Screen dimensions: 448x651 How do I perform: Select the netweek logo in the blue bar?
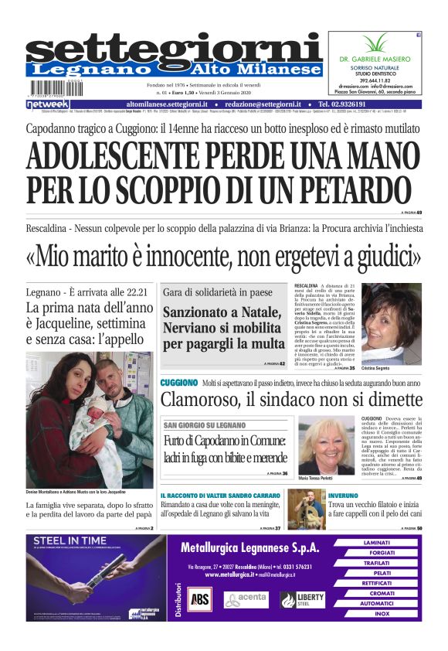49,104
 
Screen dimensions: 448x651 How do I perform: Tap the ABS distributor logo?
199,598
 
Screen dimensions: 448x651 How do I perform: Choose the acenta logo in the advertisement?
246,598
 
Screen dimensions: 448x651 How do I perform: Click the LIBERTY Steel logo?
303,598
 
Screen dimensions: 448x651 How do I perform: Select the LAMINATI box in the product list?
381,543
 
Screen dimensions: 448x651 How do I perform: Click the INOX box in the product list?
381,614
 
